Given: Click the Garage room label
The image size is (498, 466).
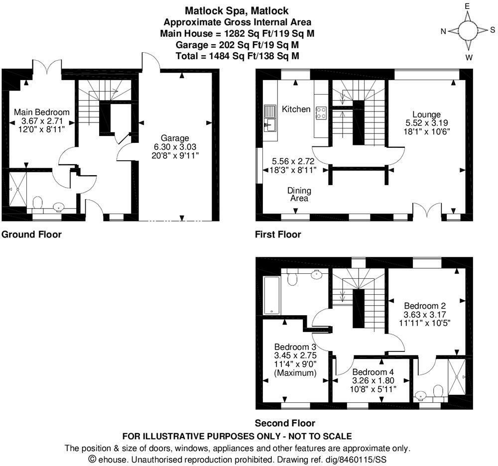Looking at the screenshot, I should pyautogui.click(x=175, y=138).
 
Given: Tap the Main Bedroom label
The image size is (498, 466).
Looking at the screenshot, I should pyautogui.click(x=42, y=112).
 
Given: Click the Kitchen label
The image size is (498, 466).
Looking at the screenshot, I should pyautogui.click(x=296, y=109).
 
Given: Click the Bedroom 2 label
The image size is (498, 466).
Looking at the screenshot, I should pyautogui.click(x=424, y=306).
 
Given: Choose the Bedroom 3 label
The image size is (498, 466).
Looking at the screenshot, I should pyautogui.click(x=295, y=347).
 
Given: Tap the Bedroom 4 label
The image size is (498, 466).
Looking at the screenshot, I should pyautogui.click(x=373, y=372).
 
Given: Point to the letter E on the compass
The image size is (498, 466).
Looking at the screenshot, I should pyautogui.click(x=468, y=6).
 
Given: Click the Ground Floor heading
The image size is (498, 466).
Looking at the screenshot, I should pyautogui.click(x=32, y=234).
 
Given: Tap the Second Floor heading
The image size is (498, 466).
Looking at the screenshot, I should pyautogui.click(x=285, y=423).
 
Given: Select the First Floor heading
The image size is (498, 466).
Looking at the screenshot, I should pyautogui.click(x=278, y=234).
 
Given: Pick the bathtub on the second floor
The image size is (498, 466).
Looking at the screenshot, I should pyautogui.click(x=271, y=295).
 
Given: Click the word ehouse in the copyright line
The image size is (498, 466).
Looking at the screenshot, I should pyautogui.click(x=113, y=458).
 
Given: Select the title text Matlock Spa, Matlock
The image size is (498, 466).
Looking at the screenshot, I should pyautogui.click(x=237, y=10).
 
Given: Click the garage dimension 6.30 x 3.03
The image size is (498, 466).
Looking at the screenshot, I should pyautogui.click(x=175, y=147).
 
